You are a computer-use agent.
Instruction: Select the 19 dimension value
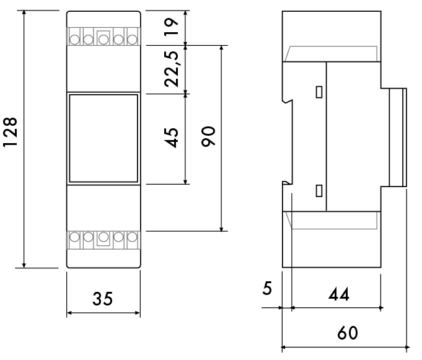(x=172, y=26)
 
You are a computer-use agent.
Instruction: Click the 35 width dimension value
(x=103, y=299)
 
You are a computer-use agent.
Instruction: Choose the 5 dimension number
(x=267, y=289)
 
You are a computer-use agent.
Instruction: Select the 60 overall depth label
(x=347, y=333)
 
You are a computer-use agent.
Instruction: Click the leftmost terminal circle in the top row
(x=74, y=40)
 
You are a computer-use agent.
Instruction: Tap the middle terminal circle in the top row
(x=103, y=40)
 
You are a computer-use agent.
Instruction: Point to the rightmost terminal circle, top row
(x=131, y=40)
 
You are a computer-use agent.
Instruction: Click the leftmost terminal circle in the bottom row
(x=74, y=236)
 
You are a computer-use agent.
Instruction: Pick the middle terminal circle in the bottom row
(x=103, y=236)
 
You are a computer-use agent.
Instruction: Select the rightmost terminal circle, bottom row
(x=131, y=236)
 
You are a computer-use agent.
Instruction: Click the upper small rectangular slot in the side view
(x=319, y=92)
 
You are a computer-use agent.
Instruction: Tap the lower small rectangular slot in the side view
(x=319, y=190)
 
